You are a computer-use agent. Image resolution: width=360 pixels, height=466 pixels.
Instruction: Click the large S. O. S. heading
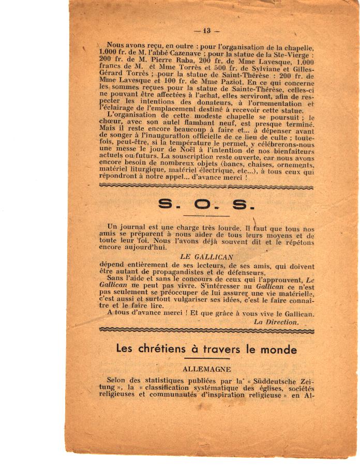[x=206, y=205]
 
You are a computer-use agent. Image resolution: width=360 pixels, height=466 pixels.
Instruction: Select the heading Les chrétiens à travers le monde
[x=206, y=349]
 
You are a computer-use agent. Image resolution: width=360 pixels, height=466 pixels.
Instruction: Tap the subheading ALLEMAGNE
[x=206, y=369]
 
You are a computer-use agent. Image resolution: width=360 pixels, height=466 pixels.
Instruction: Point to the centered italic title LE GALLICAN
[x=207, y=256]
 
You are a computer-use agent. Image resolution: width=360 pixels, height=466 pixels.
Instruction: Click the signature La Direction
[x=276, y=322]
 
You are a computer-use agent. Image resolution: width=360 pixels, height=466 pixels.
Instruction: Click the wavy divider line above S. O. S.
[x=206, y=185]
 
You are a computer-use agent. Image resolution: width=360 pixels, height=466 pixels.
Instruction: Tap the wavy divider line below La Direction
[x=206, y=329]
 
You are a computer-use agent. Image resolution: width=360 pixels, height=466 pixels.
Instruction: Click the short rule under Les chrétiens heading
[x=206, y=358]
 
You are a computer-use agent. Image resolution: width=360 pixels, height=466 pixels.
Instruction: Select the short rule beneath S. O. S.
[x=206, y=215]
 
